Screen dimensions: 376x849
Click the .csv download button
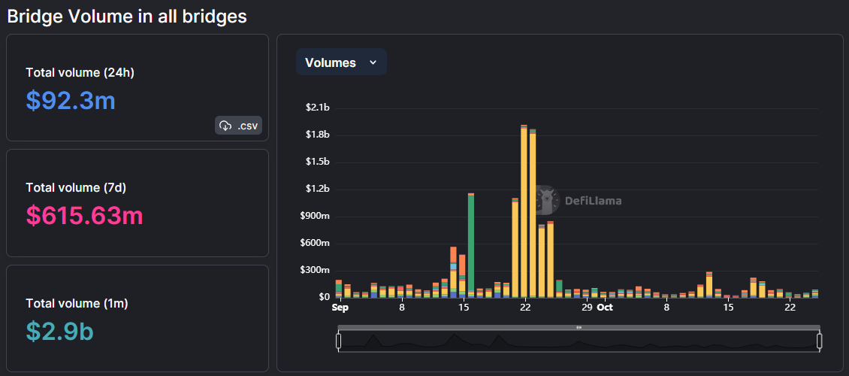click(238, 126)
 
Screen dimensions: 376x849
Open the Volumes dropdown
click(341, 62)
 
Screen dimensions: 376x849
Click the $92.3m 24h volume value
click(71, 100)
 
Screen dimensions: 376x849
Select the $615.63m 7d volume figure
click(84, 215)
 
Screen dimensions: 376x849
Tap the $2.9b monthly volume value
click(59, 330)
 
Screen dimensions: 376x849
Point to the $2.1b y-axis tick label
click(318, 108)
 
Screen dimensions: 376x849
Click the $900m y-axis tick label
click(315, 216)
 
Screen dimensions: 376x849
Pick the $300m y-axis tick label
click(315, 270)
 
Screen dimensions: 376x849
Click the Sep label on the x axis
click(340, 308)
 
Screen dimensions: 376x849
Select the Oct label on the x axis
click(605, 308)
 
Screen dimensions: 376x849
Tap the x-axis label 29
click(587, 308)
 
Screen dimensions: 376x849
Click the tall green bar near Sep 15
click(471, 244)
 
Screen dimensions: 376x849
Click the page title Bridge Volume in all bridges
click(127, 16)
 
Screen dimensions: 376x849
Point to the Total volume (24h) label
click(80, 72)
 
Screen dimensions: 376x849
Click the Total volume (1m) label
click(77, 303)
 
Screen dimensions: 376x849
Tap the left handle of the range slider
click(339, 341)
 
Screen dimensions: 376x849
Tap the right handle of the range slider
click(820, 341)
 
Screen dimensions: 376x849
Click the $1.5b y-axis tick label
click(318, 162)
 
